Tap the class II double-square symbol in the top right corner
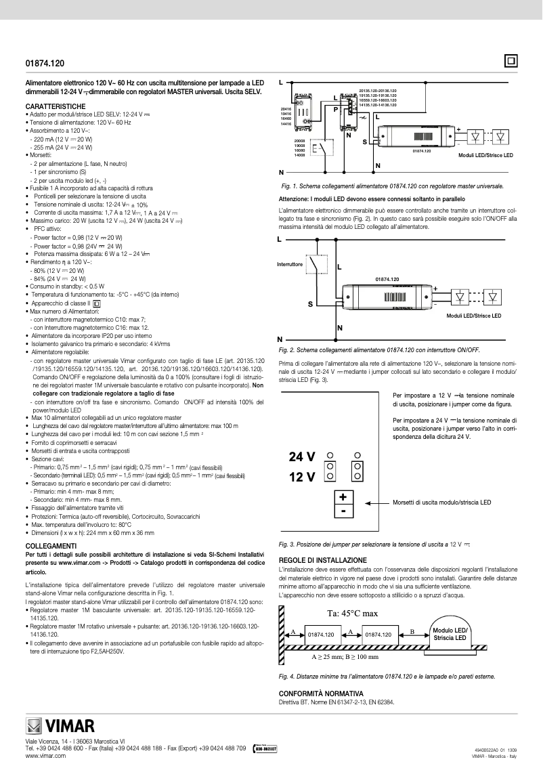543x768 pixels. [x=511, y=61]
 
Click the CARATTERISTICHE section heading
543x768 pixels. [x=56, y=107]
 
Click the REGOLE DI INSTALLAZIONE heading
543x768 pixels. [x=323, y=560]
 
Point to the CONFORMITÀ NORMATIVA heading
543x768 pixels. [x=321, y=694]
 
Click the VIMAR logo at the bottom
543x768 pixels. [x=60, y=728]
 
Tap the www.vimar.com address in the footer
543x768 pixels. [x=45, y=755]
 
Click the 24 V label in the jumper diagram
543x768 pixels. [x=302, y=456]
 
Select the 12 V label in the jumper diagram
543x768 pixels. [x=302, y=476]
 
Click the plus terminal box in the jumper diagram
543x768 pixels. [x=343, y=497]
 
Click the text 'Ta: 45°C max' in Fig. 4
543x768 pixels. [x=352, y=614]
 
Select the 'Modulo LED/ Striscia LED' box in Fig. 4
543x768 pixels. [x=450, y=635]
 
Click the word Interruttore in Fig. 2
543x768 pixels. [x=290, y=264]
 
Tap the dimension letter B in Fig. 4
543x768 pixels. [x=412, y=631]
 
